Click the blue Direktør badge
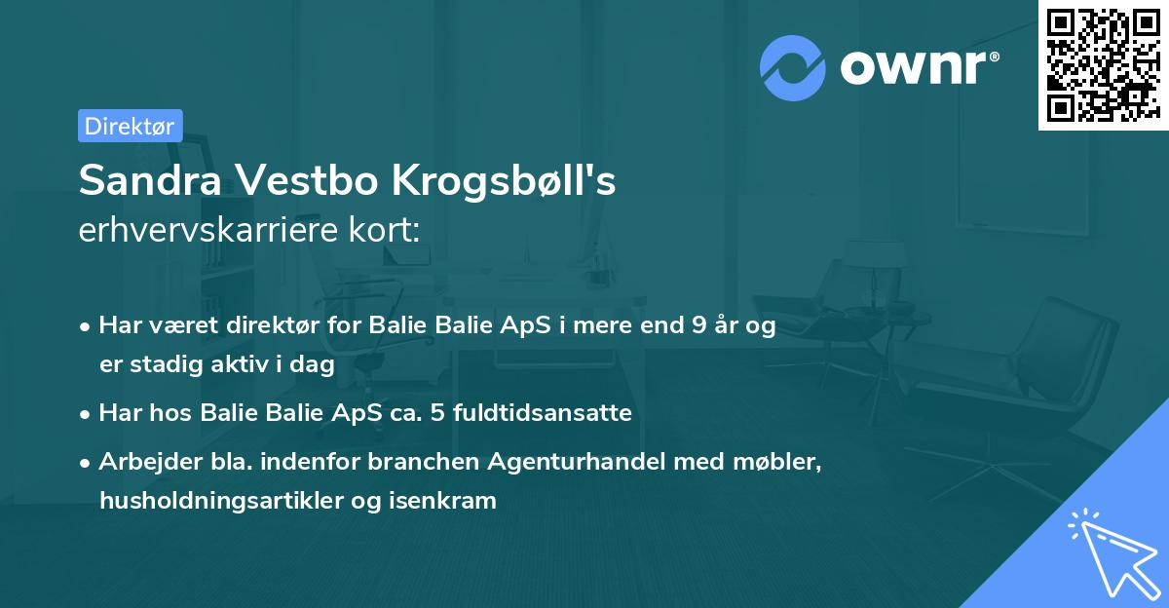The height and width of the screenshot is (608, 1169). click(130, 126)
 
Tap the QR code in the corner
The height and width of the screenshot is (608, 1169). click(1103, 64)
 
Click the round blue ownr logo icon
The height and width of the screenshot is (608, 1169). click(793, 68)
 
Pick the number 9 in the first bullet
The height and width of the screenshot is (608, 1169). click(697, 326)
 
